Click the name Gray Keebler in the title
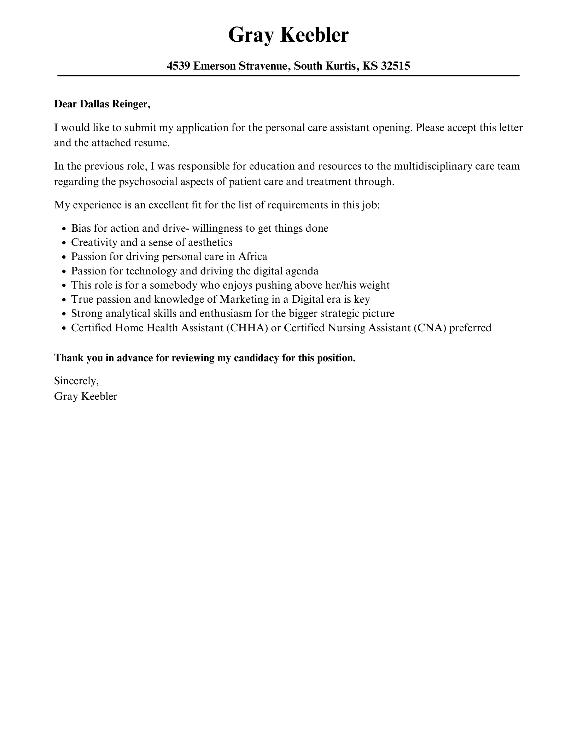[288, 35]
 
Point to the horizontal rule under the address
[288, 76]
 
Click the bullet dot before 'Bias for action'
[64, 229]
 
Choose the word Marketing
[244, 299]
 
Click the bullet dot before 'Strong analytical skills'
[64, 314]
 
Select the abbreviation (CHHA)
[247, 328]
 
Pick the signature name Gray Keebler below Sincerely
[86, 396]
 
